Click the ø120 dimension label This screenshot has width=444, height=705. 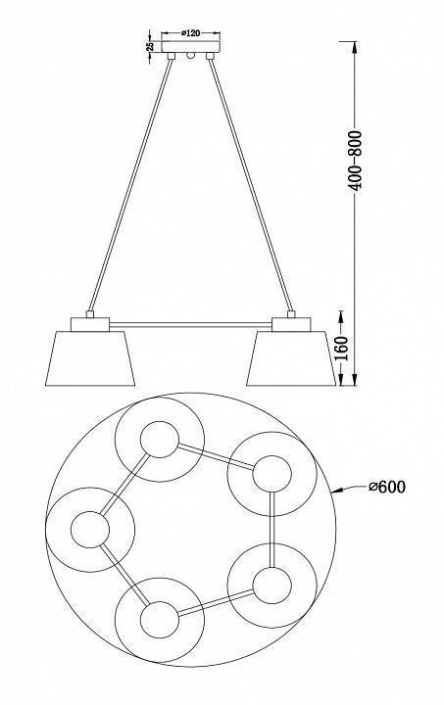pyautogui.click(x=191, y=33)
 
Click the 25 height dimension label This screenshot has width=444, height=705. pyautogui.click(x=150, y=46)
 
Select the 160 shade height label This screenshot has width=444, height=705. pyautogui.click(x=342, y=348)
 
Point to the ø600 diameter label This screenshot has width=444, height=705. pyautogui.click(x=387, y=487)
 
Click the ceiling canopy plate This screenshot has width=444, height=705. pyautogui.click(x=191, y=47)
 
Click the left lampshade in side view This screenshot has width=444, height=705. pyautogui.click(x=90, y=358)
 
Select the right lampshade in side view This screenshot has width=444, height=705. pyautogui.click(x=291, y=358)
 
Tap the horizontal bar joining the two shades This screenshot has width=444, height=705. pyautogui.click(x=190, y=324)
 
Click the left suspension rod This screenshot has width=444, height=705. pyautogui.click(x=130, y=185)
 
